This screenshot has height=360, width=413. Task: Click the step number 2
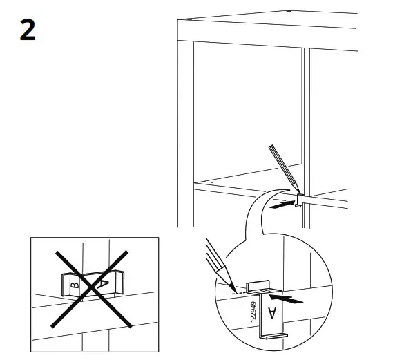(x=28, y=32)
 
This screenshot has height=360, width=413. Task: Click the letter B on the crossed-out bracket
(x=75, y=283)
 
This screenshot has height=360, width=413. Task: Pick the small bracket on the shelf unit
(x=300, y=201)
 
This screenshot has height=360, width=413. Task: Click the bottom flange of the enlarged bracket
(x=273, y=337)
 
